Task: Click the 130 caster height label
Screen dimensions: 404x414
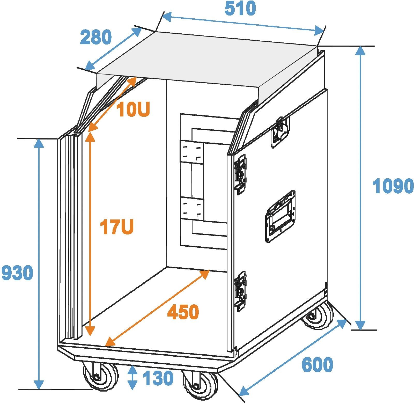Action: point(158,378)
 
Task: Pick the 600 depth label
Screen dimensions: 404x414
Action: point(317,364)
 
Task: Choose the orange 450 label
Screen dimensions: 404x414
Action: point(183,312)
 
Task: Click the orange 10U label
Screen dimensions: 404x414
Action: point(133,110)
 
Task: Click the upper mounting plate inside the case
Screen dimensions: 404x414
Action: point(192,152)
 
